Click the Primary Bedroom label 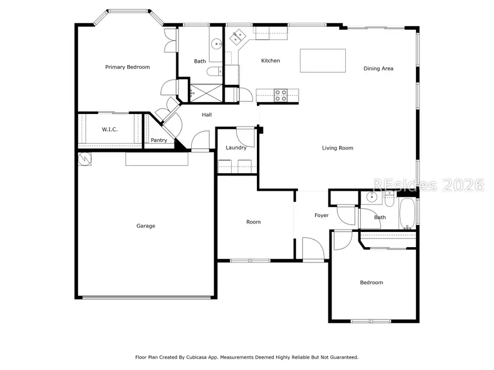coord(127,67)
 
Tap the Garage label coord(146,226)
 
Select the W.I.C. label coord(110,129)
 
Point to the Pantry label coord(159,140)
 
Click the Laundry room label coord(236,147)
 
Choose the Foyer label coord(322,215)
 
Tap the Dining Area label coord(379,69)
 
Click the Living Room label coord(338,148)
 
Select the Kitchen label coord(271,61)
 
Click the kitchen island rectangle coord(323,60)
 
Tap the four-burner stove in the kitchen coord(281,95)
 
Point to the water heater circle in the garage coord(85,158)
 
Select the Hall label coord(207,115)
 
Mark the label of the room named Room coord(254,222)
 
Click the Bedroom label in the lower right coord(372,283)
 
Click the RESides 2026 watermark coord(428,185)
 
